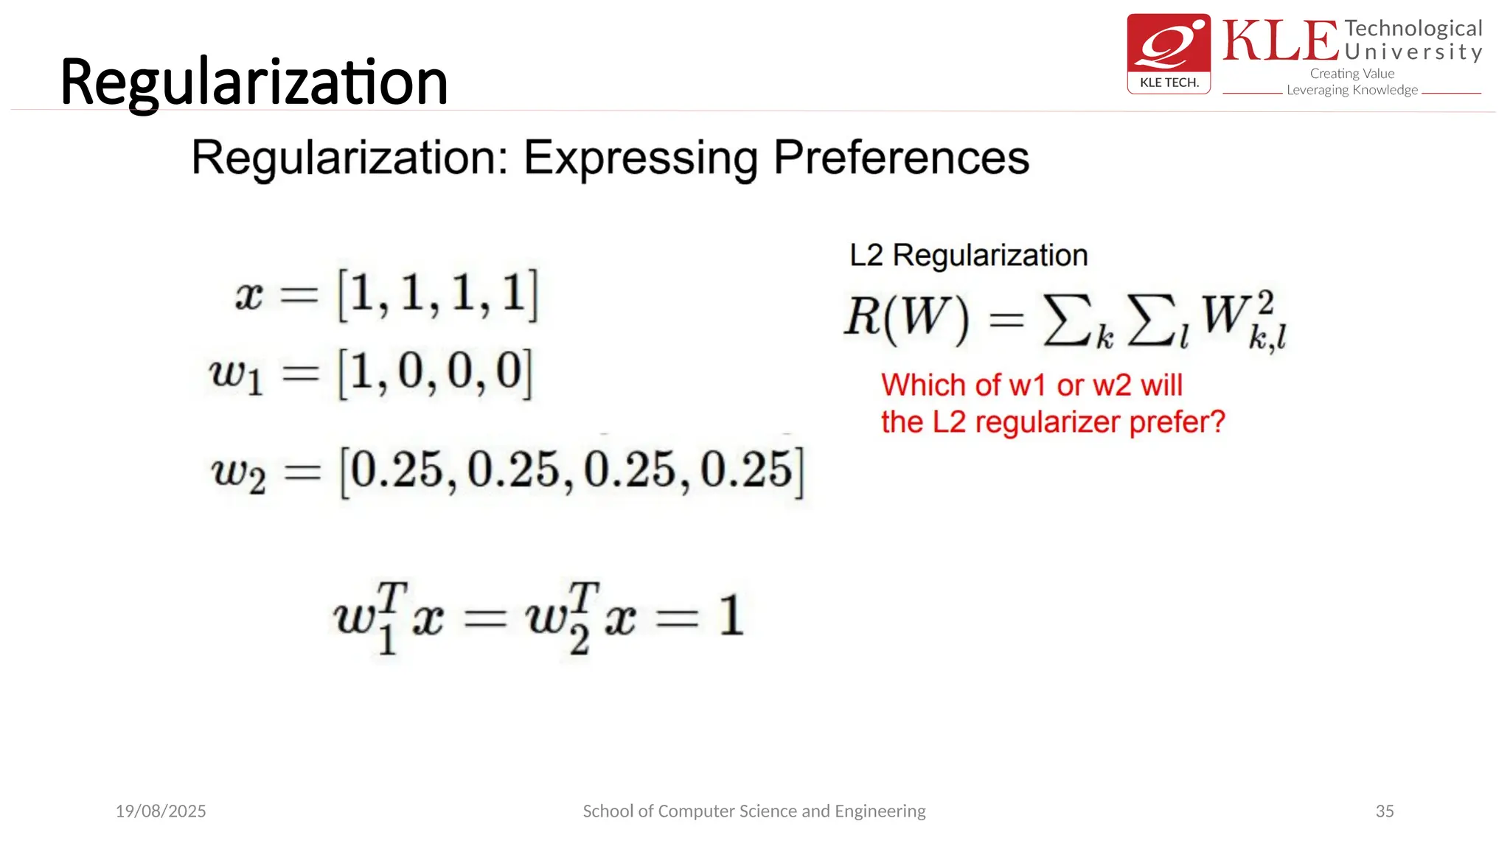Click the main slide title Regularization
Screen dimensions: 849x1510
(254, 83)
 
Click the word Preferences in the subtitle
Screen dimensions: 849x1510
(900, 158)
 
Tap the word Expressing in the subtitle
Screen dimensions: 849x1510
(640, 158)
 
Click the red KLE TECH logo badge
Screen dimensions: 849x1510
(1169, 53)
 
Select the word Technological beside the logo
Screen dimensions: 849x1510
(1413, 28)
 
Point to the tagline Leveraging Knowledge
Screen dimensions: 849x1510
(1351, 90)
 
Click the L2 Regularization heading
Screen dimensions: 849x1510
(968, 255)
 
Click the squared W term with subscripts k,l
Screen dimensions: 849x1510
(1243, 318)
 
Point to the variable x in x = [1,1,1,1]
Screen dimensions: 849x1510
(249, 296)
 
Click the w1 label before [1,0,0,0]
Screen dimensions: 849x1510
(236, 374)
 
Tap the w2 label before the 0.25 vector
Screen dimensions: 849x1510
(238, 472)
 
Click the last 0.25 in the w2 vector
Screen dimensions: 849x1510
(745, 469)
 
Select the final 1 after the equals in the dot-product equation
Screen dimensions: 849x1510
(731, 615)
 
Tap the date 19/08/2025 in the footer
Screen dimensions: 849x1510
(161, 811)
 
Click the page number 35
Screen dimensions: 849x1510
(1384, 811)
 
